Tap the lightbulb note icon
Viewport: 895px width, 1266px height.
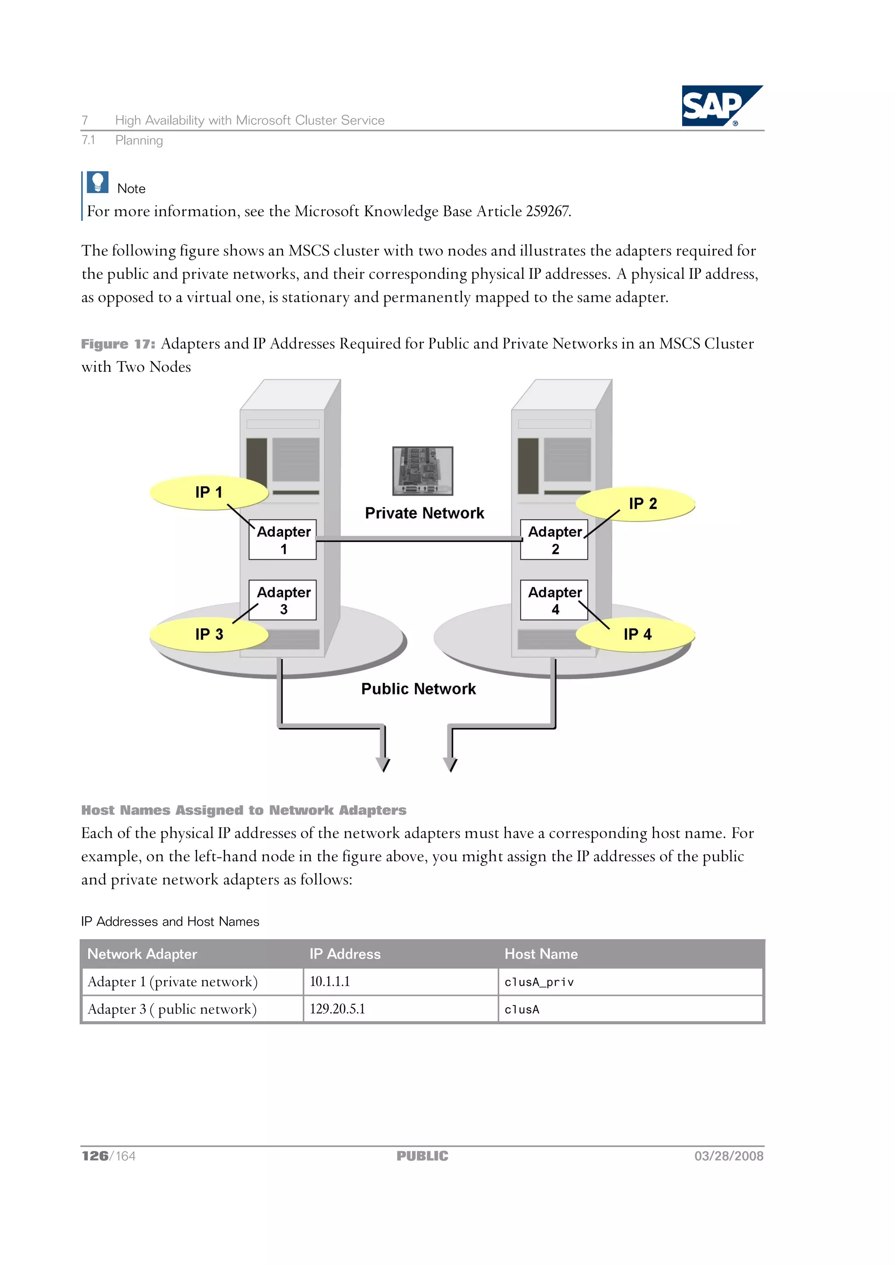point(97,182)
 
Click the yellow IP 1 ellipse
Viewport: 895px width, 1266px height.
point(208,493)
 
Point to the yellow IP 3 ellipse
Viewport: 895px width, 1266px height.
point(208,634)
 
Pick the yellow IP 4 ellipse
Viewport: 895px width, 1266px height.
point(636,634)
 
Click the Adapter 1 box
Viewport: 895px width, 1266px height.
point(282,540)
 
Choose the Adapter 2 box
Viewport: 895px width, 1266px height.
point(554,540)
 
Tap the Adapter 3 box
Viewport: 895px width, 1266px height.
point(282,600)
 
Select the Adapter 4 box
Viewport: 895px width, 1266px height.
point(554,600)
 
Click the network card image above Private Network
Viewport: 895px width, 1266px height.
point(423,471)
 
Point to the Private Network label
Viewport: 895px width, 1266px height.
point(424,513)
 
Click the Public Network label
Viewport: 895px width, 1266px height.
point(418,689)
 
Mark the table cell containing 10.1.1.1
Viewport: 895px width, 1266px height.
point(400,982)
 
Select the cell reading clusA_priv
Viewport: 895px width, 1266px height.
point(630,982)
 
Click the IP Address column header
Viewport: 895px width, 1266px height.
point(345,954)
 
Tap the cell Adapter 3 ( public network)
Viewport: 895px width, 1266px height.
point(192,1009)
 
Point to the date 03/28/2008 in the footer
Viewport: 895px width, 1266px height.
point(728,1156)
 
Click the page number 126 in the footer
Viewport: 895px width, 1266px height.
point(95,1156)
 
